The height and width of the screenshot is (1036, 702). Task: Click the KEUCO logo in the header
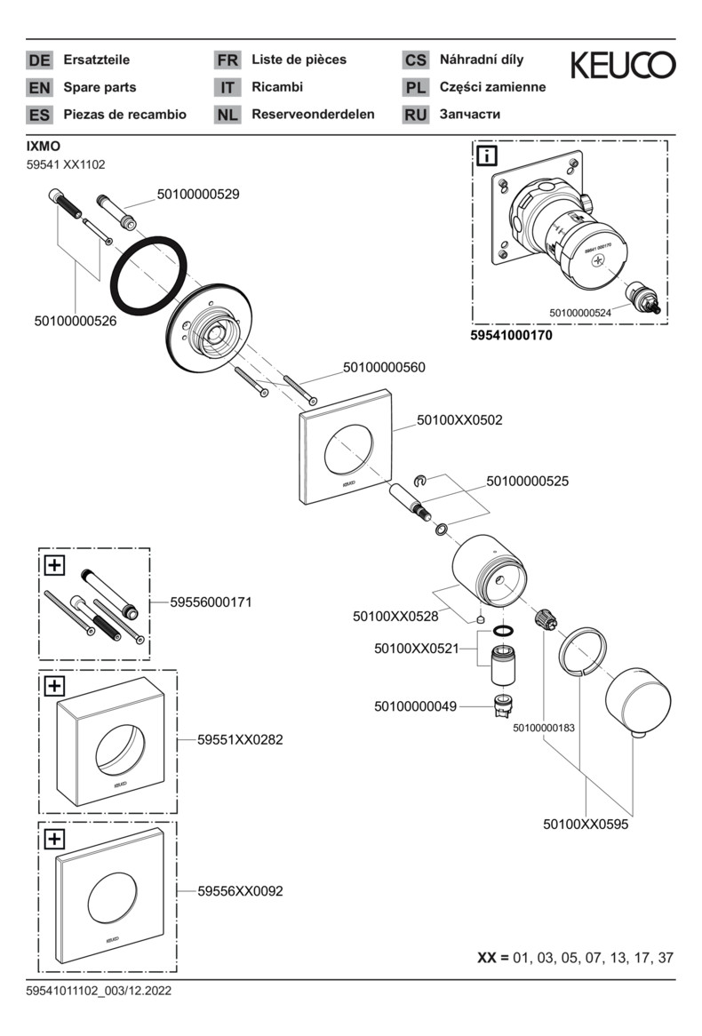[622, 65]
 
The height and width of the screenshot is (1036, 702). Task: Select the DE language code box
[39, 60]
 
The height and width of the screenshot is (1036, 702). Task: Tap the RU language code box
[416, 115]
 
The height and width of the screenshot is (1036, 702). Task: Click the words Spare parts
[100, 87]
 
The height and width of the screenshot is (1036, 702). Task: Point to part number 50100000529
[198, 193]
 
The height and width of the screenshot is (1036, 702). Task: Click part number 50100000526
[76, 321]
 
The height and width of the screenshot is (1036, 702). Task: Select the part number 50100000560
[384, 367]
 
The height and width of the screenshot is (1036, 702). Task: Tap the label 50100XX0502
[459, 420]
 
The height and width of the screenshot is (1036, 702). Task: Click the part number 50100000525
[527, 481]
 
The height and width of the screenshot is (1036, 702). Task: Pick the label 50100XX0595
[586, 824]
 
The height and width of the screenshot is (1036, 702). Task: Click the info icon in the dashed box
[487, 157]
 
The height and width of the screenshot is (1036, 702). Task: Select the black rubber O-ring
[149, 271]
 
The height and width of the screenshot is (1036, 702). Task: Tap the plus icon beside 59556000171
[54, 564]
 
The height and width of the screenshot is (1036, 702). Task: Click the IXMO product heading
[44, 146]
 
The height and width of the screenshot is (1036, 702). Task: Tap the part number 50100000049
[415, 706]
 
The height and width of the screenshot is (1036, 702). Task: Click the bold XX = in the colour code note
[493, 958]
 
